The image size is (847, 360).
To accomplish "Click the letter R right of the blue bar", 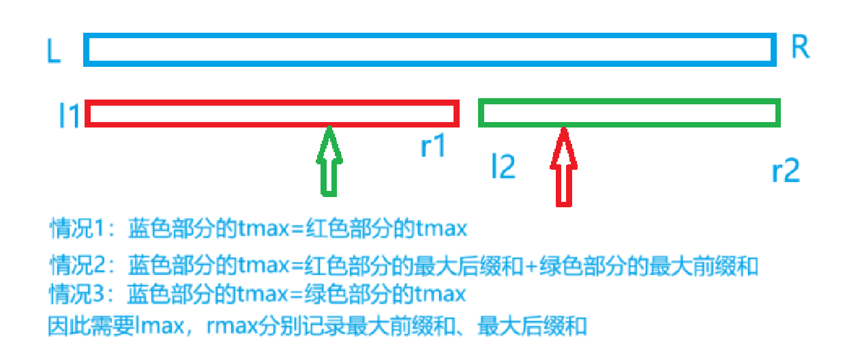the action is click(800, 48).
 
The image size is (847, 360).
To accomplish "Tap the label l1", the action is click(70, 117).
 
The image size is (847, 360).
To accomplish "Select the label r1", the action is click(432, 146).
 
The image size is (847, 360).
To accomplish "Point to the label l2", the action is click(503, 167).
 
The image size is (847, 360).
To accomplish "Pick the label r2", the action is click(786, 171).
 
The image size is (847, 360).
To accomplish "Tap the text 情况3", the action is click(76, 295).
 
